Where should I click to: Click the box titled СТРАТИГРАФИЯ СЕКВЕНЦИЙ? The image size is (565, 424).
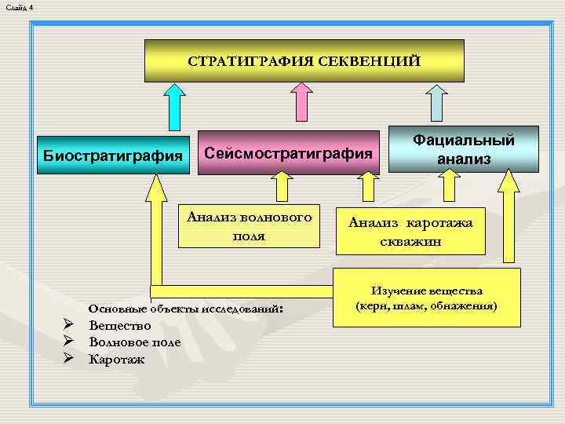(x=304, y=60)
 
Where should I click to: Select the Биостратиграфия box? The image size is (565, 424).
(x=111, y=154)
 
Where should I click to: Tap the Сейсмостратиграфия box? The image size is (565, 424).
(x=287, y=152)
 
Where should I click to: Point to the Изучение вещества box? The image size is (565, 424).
(x=428, y=298)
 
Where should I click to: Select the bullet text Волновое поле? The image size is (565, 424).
(x=134, y=342)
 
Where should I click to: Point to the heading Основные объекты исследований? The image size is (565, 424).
(x=186, y=309)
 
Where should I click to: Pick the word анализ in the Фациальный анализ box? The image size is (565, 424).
(x=464, y=159)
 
